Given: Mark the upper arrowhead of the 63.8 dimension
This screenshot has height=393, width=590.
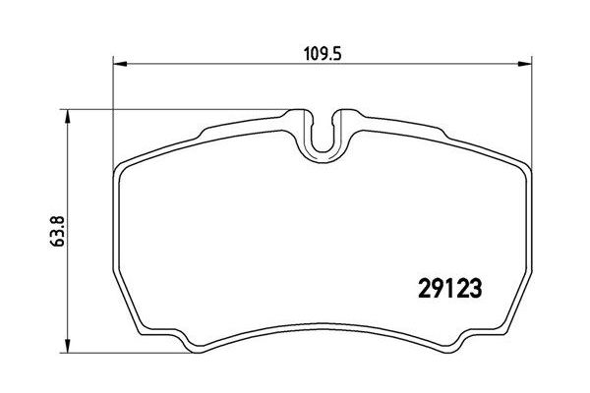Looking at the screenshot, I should pyautogui.click(x=67, y=116).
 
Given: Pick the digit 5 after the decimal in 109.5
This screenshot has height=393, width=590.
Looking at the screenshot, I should pyautogui.click(x=334, y=56).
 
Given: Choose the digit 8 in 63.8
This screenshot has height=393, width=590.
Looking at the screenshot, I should pyautogui.click(x=36, y=211).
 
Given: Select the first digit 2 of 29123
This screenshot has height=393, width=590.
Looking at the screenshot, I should pyautogui.click(x=414, y=289).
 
